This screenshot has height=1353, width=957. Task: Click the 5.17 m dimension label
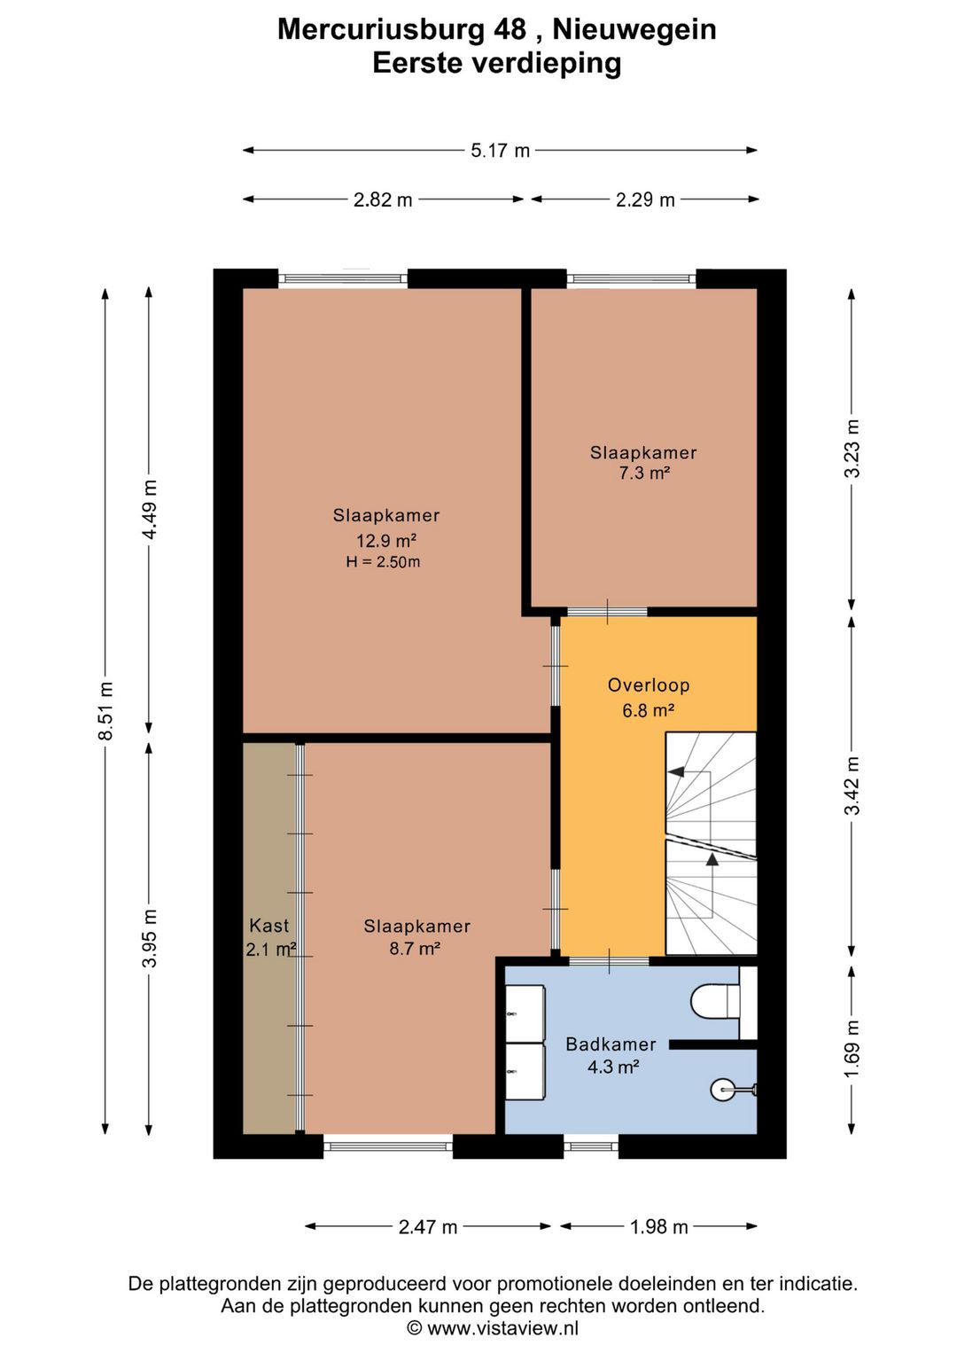click(500, 151)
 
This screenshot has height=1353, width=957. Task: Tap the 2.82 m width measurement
click(382, 199)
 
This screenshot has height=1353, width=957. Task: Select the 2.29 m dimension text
click(645, 199)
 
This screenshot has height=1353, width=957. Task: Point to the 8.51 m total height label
click(106, 710)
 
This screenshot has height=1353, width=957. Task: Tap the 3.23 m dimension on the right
click(852, 448)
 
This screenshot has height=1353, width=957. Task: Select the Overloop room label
click(649, 685)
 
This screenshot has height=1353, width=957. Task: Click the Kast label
click(269, 926)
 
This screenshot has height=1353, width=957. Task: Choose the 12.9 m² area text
click(386, 540)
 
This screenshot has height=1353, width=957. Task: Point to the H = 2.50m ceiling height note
click(383, 562)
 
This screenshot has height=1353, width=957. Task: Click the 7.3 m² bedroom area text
click(643, 473)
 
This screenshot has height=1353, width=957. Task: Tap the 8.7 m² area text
click(414, 949)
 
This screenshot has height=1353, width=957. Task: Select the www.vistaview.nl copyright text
click(493, 1328)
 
